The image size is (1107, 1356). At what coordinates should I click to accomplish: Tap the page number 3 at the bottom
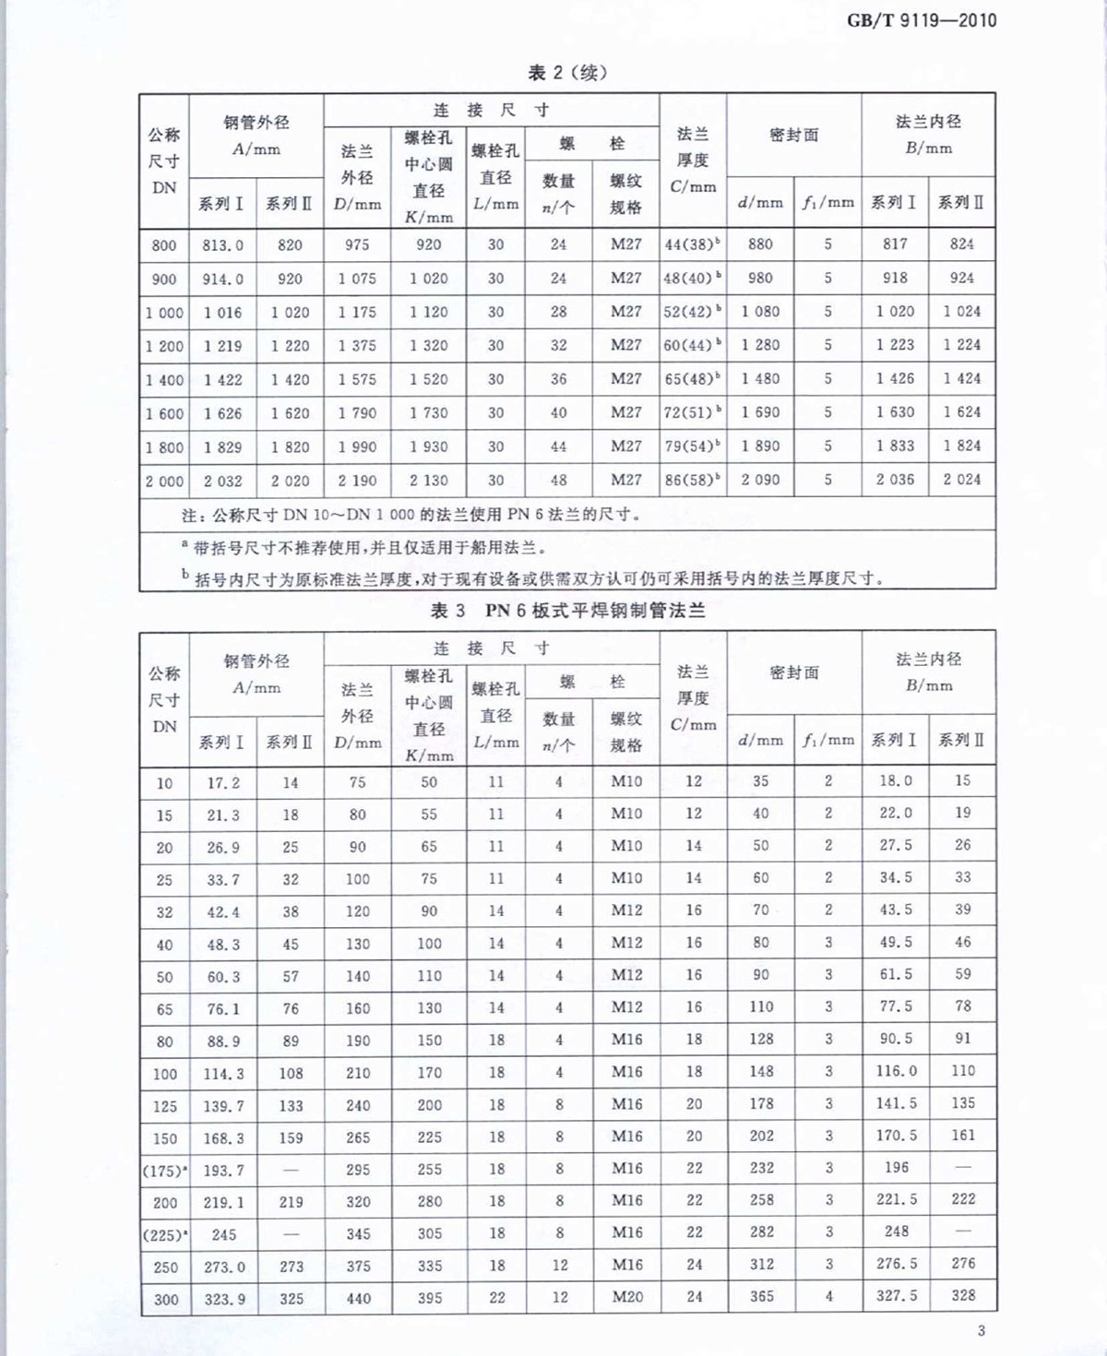click(x=981, y=1330)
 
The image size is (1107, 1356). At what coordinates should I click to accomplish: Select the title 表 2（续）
click(x=566, y=73)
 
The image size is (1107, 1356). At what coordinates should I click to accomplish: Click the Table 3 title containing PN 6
click(x=567, y=611)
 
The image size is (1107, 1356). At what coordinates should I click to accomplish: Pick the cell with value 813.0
click(x=223, y=245)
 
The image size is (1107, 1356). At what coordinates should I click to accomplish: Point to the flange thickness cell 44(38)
click(x=692, y=244)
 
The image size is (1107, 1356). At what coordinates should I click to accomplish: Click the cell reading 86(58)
click(x=692, y=480)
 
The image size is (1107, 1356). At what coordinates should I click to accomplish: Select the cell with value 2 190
click(x=357, y=481)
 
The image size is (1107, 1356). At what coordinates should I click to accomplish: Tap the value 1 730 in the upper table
click(x=428, y=413)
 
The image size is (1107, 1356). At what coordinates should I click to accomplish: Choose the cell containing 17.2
click(x=223, y=783)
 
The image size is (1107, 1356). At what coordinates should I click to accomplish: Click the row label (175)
click(x=164, y=1171)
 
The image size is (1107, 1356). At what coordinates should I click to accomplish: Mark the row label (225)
click(x=164, y=1234)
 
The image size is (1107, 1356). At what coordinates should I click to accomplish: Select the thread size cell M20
click(x=626, y=1297)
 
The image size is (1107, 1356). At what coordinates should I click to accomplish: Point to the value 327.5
click(x=896, y=1295)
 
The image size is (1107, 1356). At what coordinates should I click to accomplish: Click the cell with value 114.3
click(x=223, y=1074)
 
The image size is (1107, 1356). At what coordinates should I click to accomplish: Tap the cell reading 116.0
click(x=896, y=1071)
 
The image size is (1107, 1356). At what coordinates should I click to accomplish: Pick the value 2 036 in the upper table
click(x=895, y=480)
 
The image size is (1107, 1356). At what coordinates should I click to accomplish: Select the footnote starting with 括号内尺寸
click(x=535, y=578)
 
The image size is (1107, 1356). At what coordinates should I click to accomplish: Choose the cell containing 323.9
click(x=224, y=1299)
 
